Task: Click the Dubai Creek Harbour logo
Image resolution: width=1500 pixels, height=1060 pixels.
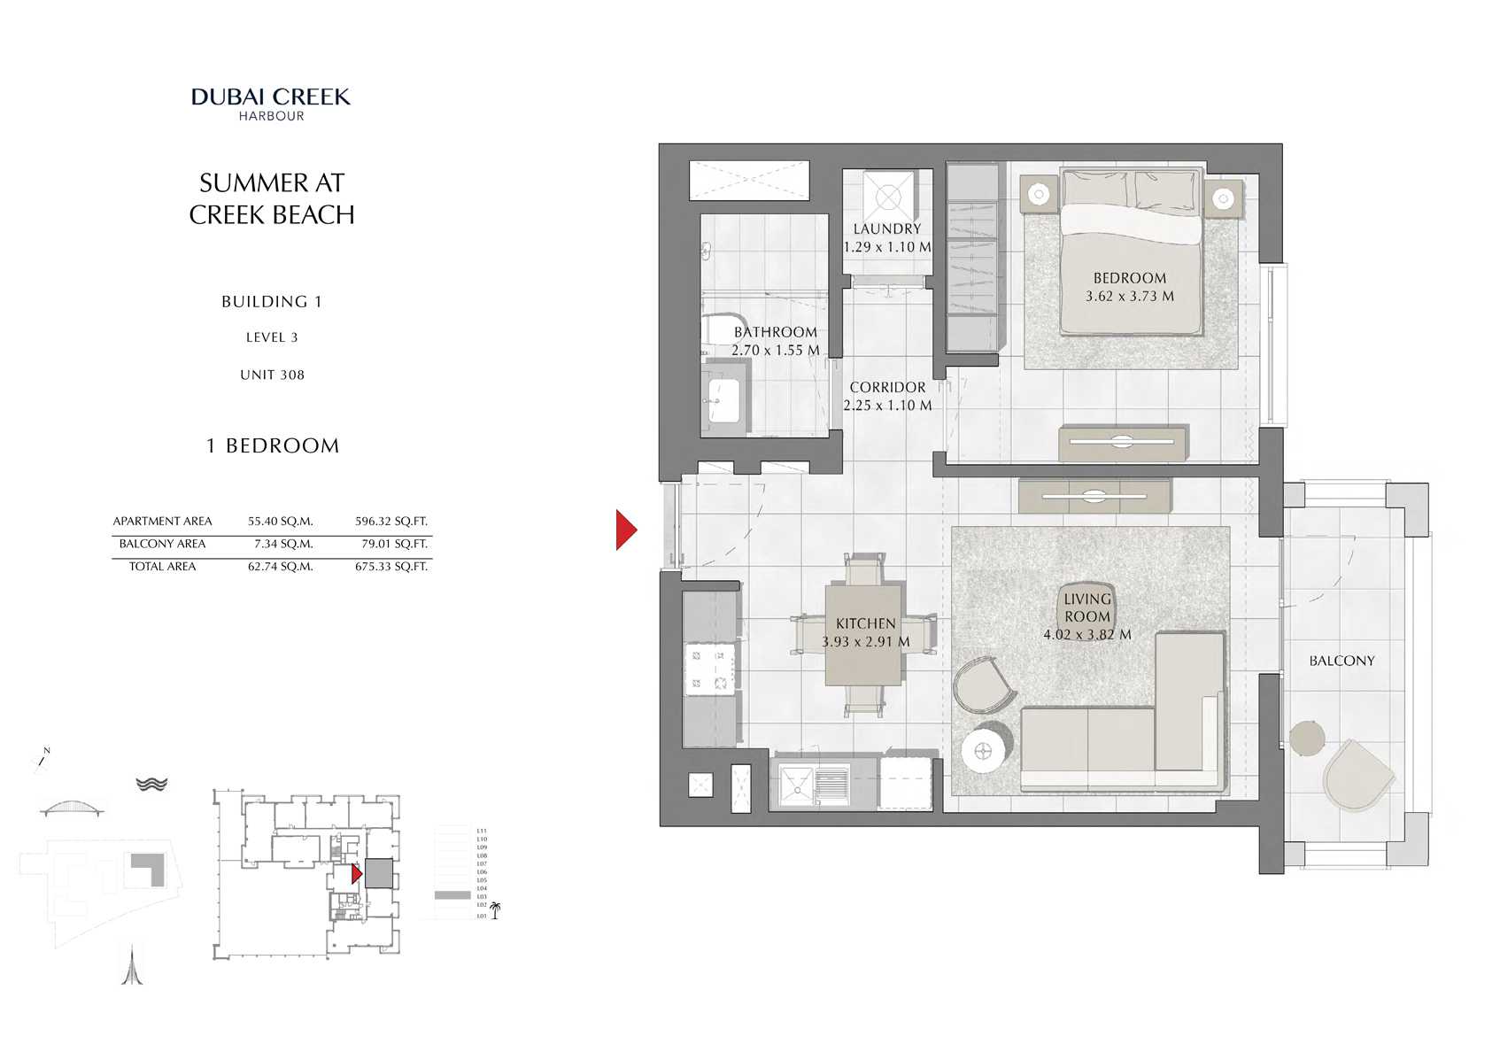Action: click(x=271, y=103)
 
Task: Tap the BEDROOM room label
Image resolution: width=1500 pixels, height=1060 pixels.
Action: click(x=1129, y=278)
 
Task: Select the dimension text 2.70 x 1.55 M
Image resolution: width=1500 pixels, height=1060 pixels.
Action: click(x=775, y=351)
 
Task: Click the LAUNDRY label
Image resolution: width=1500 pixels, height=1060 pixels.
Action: click(x=886, y=228)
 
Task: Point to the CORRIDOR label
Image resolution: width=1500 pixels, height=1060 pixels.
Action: click(x=887, y=387)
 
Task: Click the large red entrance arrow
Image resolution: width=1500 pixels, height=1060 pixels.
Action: click(x=626, y=530)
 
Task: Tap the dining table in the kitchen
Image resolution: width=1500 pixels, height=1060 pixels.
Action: click(x=863, y=634)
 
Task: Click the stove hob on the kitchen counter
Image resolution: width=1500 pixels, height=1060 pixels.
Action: click(x=709, y=669)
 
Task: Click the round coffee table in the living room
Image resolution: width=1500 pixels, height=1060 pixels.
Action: click(x=985, y=751)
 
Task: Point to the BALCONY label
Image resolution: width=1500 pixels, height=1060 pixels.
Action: click(x=1341, y=661)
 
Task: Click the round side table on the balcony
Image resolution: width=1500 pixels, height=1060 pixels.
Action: click(x=1306, y=738)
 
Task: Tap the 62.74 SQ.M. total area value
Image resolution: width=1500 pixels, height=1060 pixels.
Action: click(x=280, y=567)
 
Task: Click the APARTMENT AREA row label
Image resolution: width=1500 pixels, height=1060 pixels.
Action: click(x=162, y=522)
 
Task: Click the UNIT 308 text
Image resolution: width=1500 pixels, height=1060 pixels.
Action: click(x=272, y=375)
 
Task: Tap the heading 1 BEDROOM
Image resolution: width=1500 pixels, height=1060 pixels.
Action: click(x=272, y=445)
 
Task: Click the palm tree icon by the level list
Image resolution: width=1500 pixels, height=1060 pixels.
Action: click(x=495, y=910)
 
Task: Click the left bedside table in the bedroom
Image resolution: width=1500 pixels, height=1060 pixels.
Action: click(x=1038, y=193)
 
